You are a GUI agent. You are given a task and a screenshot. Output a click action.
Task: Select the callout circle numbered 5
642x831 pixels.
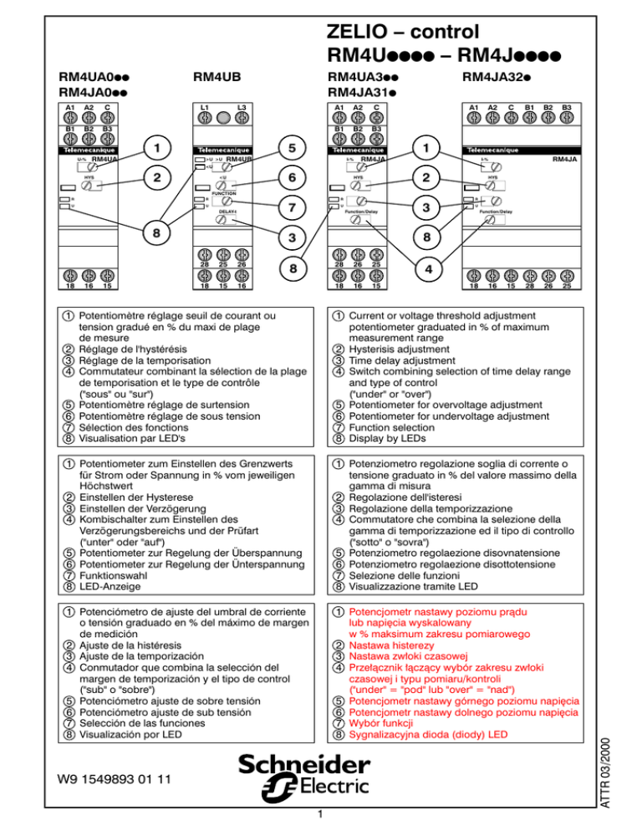pyautogui.click(x=292, y=149)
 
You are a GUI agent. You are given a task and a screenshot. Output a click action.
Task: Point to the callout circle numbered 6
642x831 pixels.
pyautogui.click(x=292, y=178)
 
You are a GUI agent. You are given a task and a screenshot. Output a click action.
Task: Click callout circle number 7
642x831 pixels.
pyautogui.click(x=292, y=206)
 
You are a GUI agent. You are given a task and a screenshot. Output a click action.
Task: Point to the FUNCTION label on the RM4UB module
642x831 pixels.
pyautogui.click(x=223, y=191)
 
